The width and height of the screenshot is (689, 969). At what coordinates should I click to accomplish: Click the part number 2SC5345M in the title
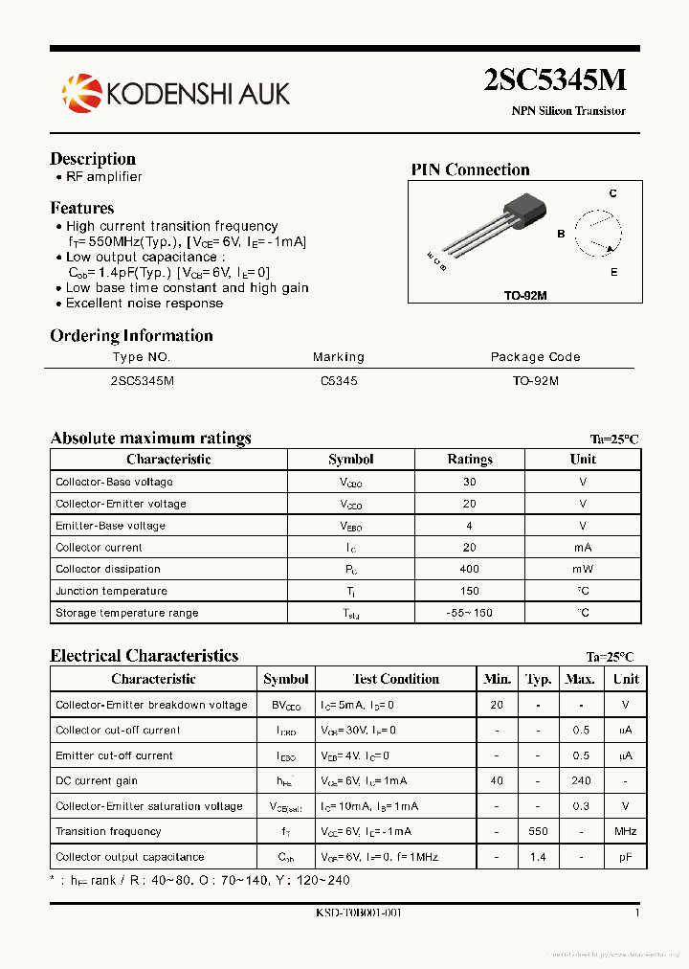click(x=555, y=80)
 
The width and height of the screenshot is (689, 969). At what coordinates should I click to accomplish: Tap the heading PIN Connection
click(x=470, y=170)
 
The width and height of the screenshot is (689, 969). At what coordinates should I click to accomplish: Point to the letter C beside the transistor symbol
click(x=612, y=193)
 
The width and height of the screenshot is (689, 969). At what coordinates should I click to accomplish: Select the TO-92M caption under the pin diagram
click(x=525, y=295)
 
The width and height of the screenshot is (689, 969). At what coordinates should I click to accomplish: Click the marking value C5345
click(x=339, y=380)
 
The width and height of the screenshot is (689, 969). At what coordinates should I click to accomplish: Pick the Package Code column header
click(x=535, y=357)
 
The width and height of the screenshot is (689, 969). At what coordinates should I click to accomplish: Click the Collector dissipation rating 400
click(x=469, y=570)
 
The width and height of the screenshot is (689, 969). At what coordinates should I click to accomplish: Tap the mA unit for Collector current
click(x=583, y=548)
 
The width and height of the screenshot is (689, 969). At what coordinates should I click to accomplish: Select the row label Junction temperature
click(x=111, y=592)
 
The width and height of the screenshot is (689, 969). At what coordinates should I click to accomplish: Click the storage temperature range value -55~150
click(x=469, y=613)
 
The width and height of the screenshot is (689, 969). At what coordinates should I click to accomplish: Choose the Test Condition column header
click(x=396, y=679)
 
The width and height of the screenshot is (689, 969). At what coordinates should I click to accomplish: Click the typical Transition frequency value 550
click(x=538, y=831)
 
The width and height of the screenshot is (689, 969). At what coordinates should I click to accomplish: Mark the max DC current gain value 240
click(x=580, y=780)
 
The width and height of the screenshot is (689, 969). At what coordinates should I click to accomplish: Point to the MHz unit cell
click(x=625, y=831)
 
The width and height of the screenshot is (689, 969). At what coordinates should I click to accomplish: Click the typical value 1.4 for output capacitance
click(x=538, y=857)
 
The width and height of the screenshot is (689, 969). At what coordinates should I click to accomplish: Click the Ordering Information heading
click(x=131, y=336)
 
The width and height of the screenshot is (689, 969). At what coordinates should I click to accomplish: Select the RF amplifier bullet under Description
click(x=103, y=177)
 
